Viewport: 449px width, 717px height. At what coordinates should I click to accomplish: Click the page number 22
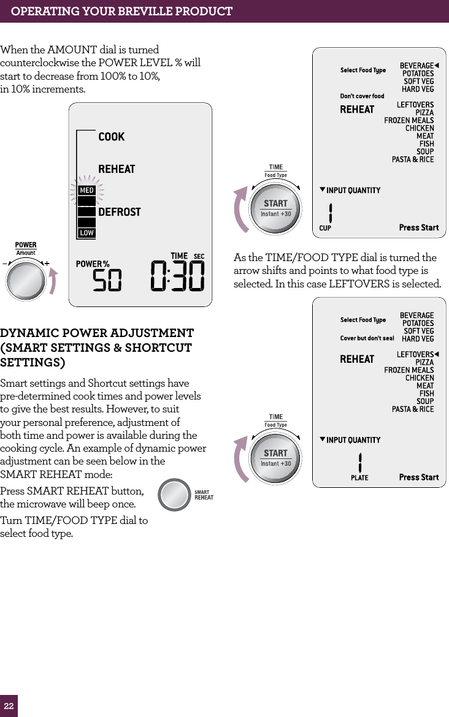click(9, 705)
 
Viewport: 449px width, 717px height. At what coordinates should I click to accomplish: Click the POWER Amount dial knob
click(26, 281)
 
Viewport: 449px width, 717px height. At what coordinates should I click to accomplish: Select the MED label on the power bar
click(86, 191)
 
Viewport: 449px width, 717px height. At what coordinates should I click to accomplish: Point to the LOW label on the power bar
click(86, 233)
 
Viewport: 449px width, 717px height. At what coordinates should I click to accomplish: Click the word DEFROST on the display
click(120, 212)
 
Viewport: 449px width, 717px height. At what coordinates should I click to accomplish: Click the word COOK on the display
click(112, 137)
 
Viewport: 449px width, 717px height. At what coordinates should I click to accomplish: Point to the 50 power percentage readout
click(107, 281)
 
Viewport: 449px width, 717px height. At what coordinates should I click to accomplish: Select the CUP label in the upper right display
click(325, 228)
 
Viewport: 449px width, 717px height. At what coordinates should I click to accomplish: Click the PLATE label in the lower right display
click(359, 477)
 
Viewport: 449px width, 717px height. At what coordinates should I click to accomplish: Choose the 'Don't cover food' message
click(362, 96)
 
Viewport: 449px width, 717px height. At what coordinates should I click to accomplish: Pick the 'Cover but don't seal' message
click(367, 338)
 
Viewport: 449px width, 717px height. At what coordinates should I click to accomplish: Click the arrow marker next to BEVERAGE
click(437, 66)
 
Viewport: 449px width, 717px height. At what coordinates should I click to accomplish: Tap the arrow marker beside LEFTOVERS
click(437, 355)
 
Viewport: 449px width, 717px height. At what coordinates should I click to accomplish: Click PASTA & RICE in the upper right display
click(413, 159)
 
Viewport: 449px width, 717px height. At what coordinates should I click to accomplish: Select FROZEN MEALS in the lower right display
click(409, 370)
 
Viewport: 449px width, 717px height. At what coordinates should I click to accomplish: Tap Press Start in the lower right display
click(419, 477)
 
